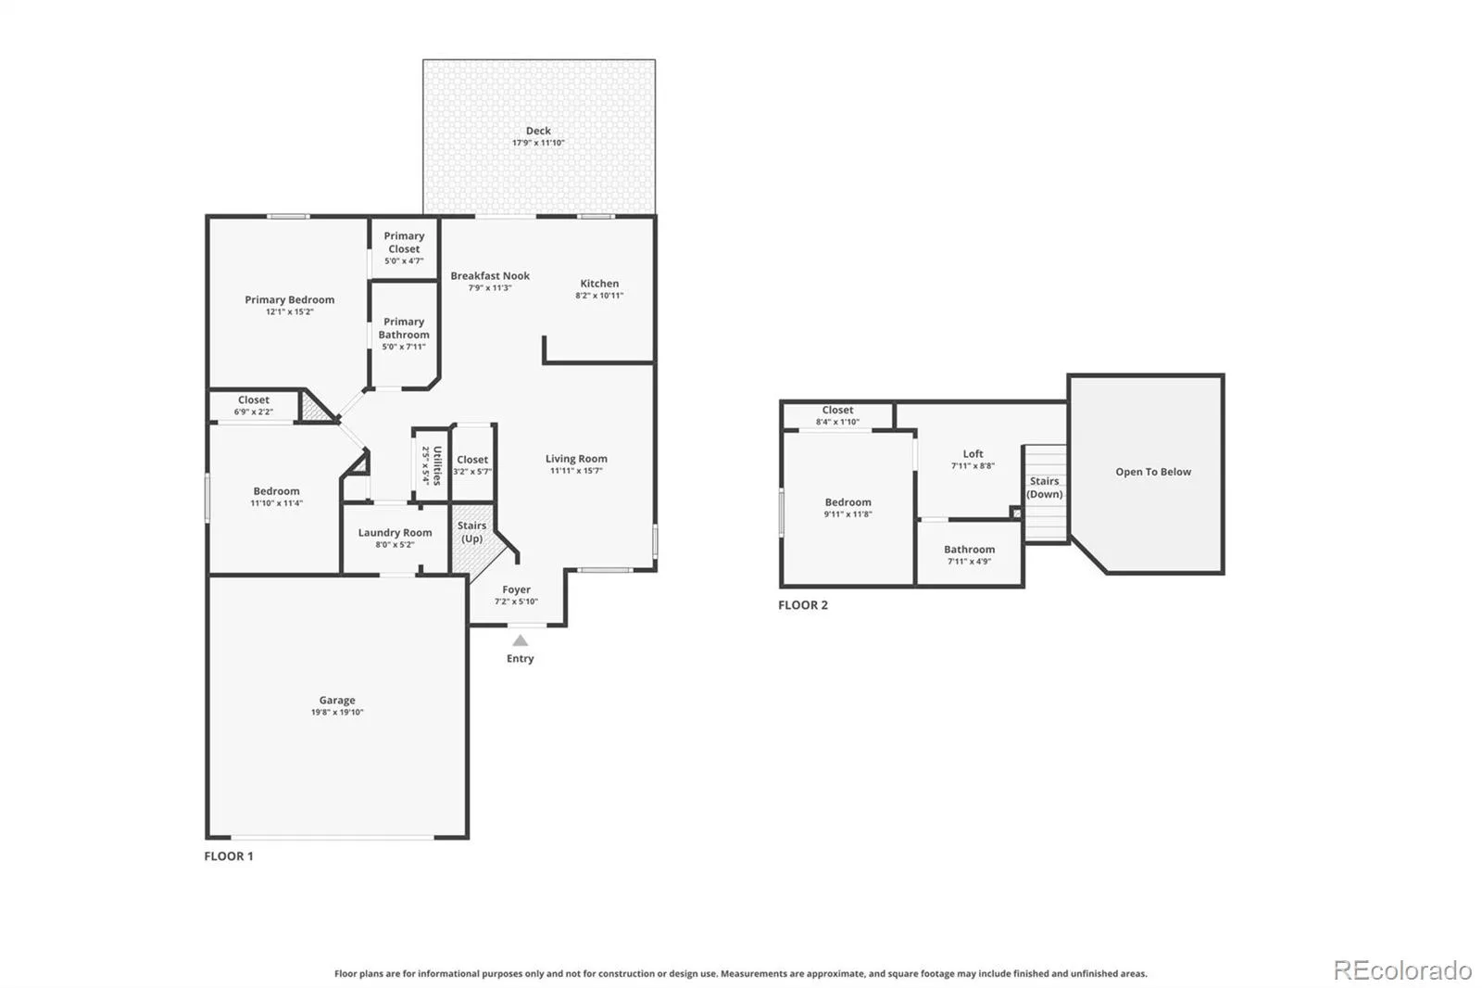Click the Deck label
(x=538, y=131)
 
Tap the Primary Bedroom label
(x=289, y=299)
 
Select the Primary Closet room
(x=404, y=247)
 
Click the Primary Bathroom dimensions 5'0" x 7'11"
(x=404, y=347)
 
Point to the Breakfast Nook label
(x=490, y=275)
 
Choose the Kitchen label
(x=599, y=284)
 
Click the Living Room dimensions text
(x=575, y=471)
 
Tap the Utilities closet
(x=431, y=464)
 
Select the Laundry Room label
(x=395, y=532)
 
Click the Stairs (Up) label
(x=471, y=532)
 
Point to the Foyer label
(x=516, y=589)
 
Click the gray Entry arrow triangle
(x=520, y=640)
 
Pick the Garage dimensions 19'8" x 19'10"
(x=337, y=712)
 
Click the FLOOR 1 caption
(x=228, y=856)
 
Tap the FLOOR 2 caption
(x=802, y=605)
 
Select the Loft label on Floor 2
(x=973, y=453)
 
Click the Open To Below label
(x=1153, y=472)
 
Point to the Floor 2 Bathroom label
(x=969, y=549)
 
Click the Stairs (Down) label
(x=1044, y=488)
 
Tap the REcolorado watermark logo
(x=1402, y=970)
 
